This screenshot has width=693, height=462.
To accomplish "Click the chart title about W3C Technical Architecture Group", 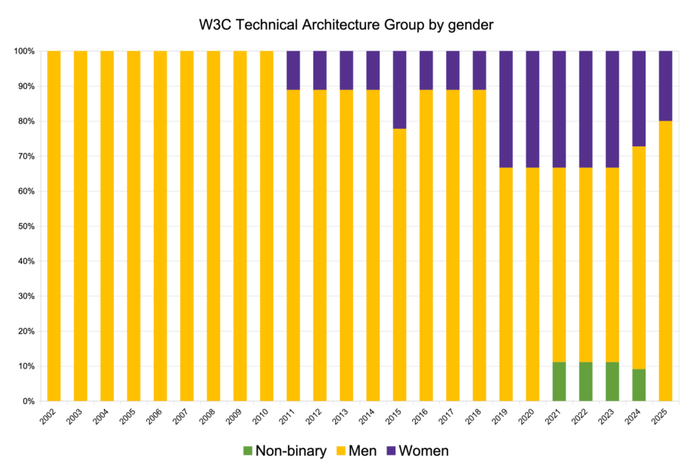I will click(x=346, y=24).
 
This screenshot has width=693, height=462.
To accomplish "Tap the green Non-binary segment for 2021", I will click(x=559, y=381).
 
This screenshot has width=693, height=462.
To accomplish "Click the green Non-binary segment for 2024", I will click(x=639, y=384).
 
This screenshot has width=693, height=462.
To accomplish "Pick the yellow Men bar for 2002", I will click(x=53, y=226).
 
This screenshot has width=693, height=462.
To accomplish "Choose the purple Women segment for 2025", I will click(x=665, y=86).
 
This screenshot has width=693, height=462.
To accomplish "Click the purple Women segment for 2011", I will click(x=293, y=70).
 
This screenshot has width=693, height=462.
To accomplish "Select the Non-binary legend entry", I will click(x=284, y=451).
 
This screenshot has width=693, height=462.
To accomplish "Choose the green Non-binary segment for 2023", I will click(x=612, y=381).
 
